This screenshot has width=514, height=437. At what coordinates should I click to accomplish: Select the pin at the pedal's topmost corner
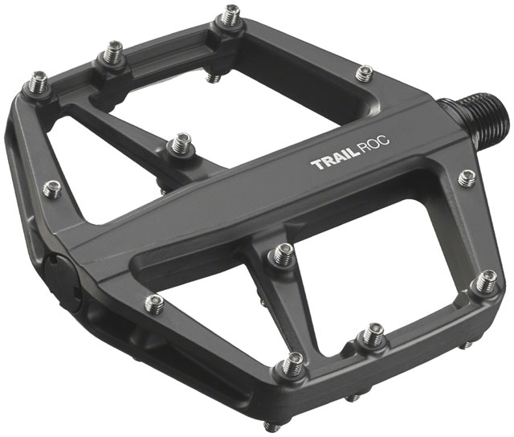pyautogui.click(x=231, y=16)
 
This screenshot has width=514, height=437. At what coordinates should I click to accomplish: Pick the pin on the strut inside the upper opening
pyautogui.click(x=182, y=145)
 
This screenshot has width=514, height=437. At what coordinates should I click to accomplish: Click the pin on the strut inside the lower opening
pyautogui.click(x=280, y=255)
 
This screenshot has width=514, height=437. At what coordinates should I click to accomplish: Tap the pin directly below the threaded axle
pyautogui.click(x=467, y=178)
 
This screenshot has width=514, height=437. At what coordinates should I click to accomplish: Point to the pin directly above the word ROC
pyautogui.click(x=363, y=74)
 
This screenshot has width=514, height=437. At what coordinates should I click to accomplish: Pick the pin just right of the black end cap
pyautogui.click(x=156, y=303)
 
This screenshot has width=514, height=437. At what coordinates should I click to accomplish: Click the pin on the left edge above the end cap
pyautogui.click(x=51, y=190)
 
